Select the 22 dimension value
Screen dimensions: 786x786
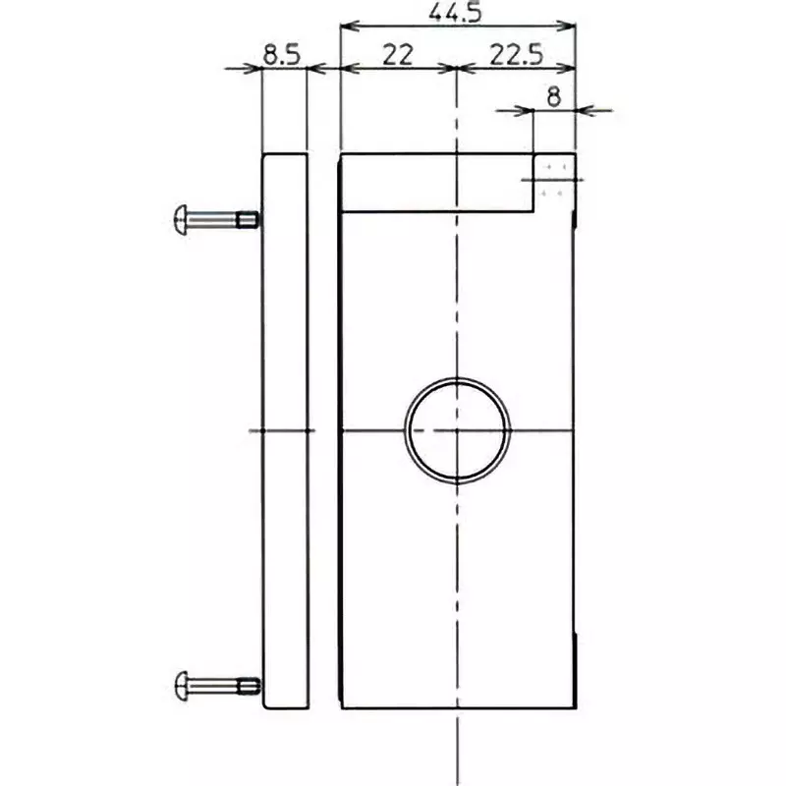tap(397, 55)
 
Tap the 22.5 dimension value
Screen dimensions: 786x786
tap(517, 55)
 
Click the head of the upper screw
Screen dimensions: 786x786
tap(180, 217)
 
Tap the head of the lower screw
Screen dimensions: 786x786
tap(180, 683)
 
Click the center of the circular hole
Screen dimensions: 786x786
tap(457, 430)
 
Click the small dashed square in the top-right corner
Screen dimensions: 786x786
tap(553, 181)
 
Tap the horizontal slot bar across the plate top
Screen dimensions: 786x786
tap(436, 183)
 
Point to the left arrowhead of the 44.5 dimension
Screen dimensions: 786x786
tap(344, 27)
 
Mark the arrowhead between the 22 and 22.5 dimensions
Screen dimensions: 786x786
tap(457, 68)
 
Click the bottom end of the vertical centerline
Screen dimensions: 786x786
tap(457, 776)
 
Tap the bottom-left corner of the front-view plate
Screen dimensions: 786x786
tap(340, 709)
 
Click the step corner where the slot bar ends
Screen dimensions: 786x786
tap(534, 212)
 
